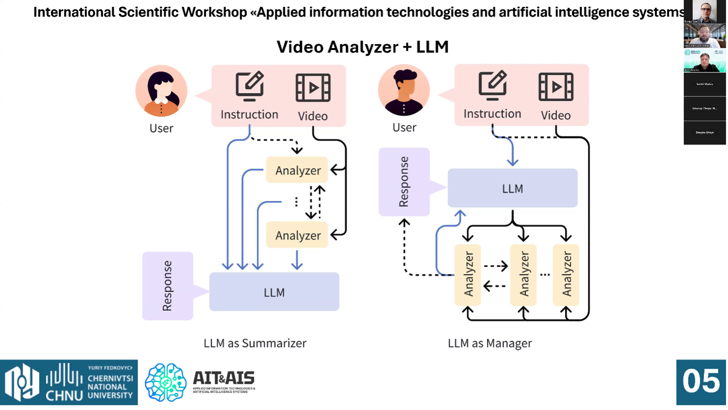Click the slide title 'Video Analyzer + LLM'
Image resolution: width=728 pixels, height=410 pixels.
click(x=362, y=47)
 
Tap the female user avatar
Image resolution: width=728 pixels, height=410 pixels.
click(x=161, y=91)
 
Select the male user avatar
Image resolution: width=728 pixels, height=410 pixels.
click(x=404, y=91)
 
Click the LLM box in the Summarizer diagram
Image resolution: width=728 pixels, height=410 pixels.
click(x=274, y=292)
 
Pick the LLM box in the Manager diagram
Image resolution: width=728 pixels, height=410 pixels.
click(x=512, y=188)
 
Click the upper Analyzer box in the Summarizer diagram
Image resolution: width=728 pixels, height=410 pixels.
click(x=297, y=170)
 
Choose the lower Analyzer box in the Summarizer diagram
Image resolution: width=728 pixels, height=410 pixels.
click(x=297, y=235)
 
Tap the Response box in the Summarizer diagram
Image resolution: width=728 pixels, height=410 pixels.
click(x=168, y=286)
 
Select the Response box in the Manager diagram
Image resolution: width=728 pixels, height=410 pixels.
click(x=404, y=182)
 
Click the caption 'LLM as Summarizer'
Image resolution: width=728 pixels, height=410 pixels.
click(x=255, y=343)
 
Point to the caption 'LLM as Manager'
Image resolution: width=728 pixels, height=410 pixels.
click(x=490, y=343)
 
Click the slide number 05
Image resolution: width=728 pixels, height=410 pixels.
click(x=701, y=382)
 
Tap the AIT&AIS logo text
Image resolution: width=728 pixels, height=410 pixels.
click(x=224, y=378)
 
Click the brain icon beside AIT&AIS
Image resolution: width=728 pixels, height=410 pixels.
click(x=166, y=382)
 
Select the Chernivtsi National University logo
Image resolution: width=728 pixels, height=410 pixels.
click(x=69, y=382)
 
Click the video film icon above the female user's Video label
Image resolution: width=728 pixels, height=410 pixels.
click(x=313, y=88)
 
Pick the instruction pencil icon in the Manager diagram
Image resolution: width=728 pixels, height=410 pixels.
click(x=492, y=85)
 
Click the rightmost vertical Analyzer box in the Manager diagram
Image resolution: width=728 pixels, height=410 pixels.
click(x=566, y=274)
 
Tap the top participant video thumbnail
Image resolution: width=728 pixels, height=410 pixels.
click(x=704, y=12)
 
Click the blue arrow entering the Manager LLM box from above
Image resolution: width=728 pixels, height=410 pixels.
click(x=512, y=157)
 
